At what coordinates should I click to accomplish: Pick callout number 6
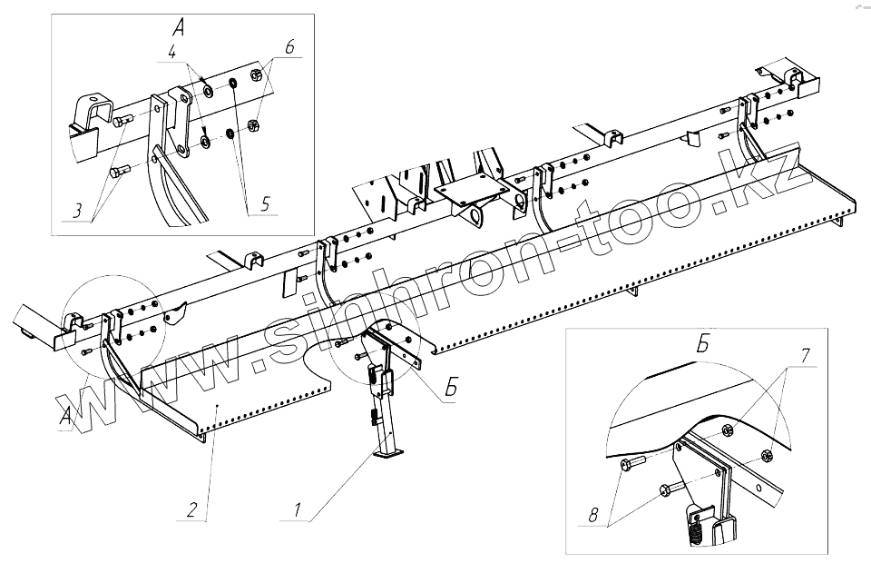(289, 46)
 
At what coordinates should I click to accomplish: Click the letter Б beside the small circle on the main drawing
(450, 391)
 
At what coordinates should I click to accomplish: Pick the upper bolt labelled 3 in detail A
(123, 119)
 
